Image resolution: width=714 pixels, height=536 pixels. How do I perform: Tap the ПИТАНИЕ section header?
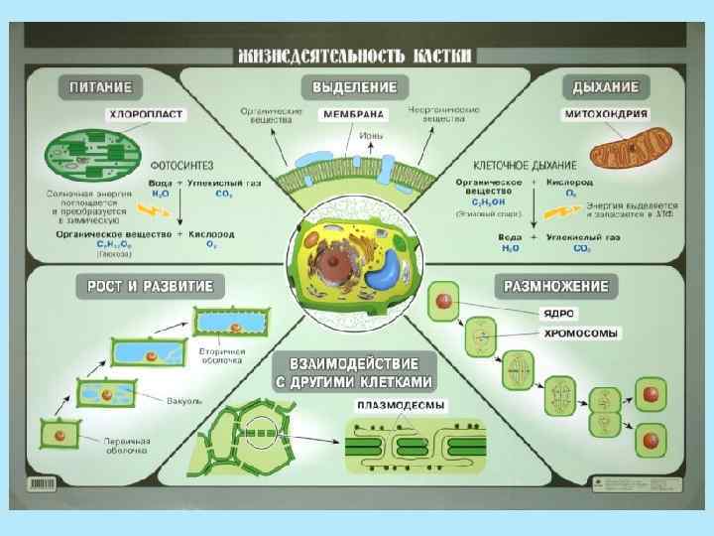[105, 86]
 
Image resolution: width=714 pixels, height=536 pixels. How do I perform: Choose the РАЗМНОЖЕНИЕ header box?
[556, 287]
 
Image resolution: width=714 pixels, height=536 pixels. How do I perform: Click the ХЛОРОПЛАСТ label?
[146, 115]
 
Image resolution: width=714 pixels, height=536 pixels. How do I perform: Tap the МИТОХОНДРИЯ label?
[605, 115]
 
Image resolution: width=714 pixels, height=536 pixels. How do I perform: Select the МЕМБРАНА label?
[353, 115]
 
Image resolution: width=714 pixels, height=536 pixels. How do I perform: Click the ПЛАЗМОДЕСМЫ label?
[401, 405]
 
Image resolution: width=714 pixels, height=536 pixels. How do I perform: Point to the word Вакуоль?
[185, 401]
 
